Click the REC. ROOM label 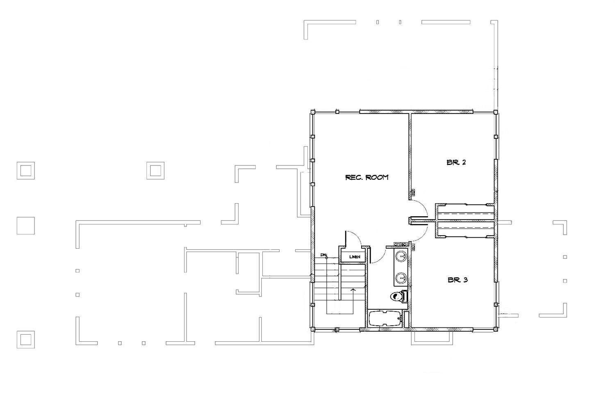[367, 177]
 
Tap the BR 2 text [456, 162]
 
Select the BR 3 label [458, 280]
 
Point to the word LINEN [355, 257]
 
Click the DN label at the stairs [323, 255]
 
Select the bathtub [385, 319]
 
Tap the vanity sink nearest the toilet [401, 279]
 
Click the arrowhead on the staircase [353, 290]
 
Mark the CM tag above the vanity [397, 245]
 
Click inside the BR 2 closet [465, 213]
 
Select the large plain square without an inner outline [25, 226]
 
